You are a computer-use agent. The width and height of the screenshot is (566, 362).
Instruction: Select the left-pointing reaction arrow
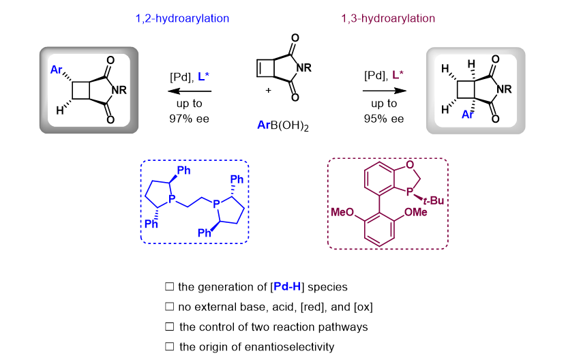[190, 90]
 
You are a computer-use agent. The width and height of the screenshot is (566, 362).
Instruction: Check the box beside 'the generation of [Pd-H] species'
[169, 287]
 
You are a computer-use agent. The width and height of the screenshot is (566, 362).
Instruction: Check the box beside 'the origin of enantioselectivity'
[169, 347]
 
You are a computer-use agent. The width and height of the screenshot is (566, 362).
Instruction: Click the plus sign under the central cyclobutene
[268, 89]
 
